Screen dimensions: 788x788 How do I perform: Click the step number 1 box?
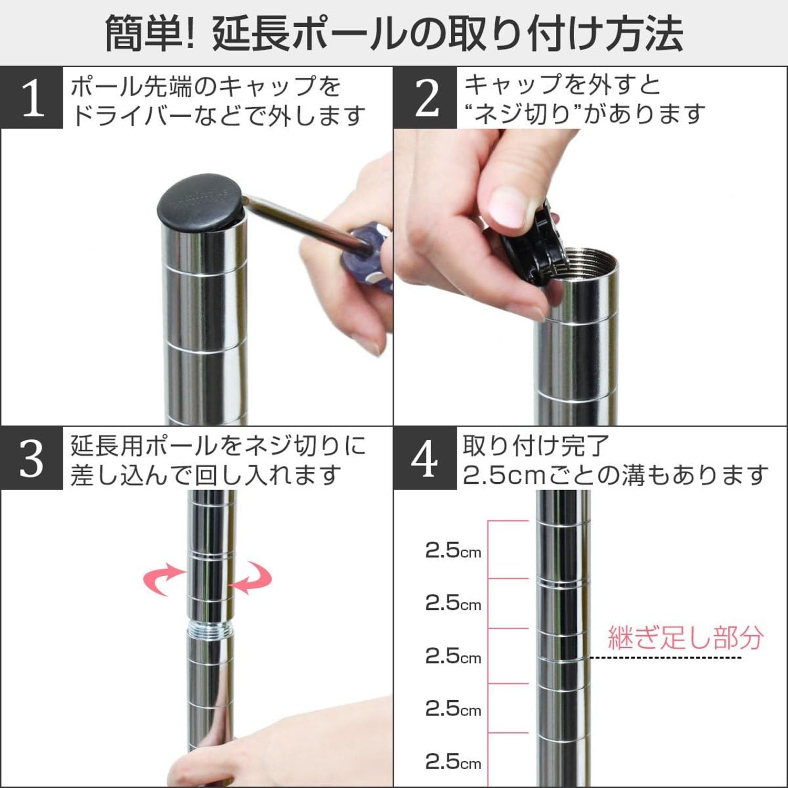coord(32,98)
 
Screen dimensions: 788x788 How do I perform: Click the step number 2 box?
coord(426,98)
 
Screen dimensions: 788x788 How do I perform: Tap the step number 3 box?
coord(32,458)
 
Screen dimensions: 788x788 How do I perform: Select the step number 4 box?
coord(425,458)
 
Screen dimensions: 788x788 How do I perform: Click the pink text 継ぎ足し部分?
coord(685,637)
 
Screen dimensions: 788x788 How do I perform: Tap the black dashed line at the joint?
coord(665,657)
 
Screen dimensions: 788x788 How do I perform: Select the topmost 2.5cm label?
coord(453,551)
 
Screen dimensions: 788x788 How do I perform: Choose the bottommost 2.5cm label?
coord(453,761)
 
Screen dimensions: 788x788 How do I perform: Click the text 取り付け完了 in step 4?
coord(536,446)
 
